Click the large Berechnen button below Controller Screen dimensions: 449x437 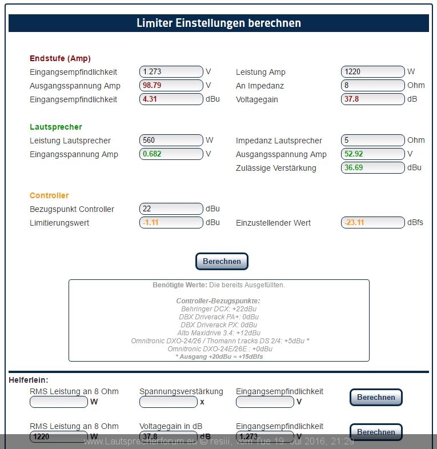[222, 261]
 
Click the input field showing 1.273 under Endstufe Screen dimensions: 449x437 [171, 72]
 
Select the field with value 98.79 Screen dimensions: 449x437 [171, 86]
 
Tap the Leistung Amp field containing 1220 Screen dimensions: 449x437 [372, 72]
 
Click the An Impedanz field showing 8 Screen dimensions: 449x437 [372, 86]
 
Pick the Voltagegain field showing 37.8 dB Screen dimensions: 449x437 [372, 99]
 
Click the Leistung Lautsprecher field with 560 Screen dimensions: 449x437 [171, 141]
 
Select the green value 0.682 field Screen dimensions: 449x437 [171, 154]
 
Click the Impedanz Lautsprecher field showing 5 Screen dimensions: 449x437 [372, 141]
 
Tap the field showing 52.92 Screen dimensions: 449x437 [372, 154]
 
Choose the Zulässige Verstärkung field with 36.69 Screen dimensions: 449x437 [372, 168]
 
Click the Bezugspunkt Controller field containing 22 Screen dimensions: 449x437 [171, 209]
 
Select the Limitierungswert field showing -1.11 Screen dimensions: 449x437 [171, 223]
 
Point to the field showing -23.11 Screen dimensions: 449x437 [372, 223]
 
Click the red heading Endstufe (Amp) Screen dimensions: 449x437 [60, 58]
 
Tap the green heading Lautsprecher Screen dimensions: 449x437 [56, 127]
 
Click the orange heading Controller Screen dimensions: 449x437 [49, 195]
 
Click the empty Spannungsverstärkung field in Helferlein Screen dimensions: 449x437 [168, 402]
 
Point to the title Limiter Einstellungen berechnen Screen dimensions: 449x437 [219, 23]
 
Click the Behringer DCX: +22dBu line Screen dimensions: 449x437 [219, 308]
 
